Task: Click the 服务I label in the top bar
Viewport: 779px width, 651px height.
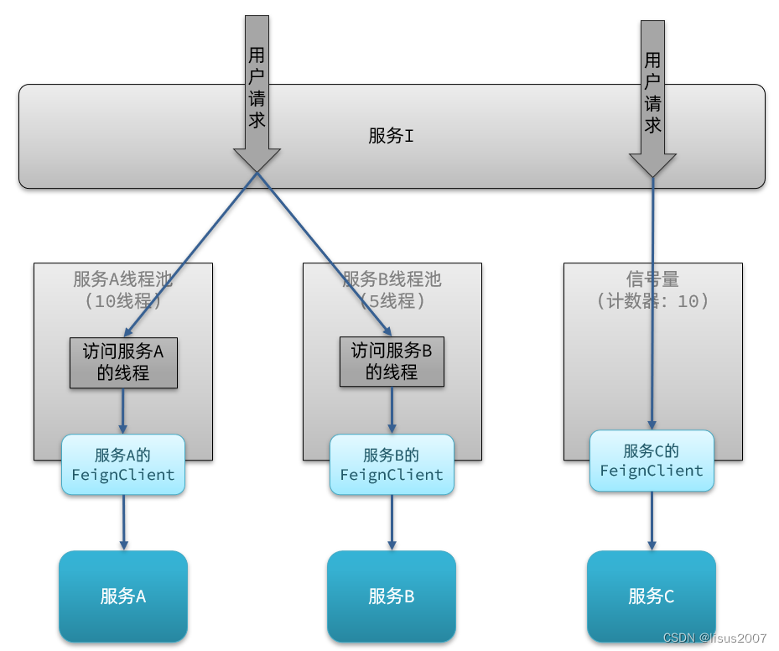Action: [x=391, y=136]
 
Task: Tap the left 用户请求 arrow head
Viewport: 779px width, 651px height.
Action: [x=257, y=159]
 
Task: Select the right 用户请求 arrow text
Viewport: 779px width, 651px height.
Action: [x=652, y=92]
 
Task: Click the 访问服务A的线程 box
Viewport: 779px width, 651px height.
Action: [x=123, y=362]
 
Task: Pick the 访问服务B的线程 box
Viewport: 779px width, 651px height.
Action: [x=392, y=362]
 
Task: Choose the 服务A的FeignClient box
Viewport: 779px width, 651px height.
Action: [x=123, y=465]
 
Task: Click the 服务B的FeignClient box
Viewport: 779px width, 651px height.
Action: [x=392, y=465]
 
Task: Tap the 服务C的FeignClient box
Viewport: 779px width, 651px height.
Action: [x=652, y=461]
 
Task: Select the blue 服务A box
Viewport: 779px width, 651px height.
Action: [x=123, y=596]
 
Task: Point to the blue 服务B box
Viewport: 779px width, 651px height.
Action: [x=392, y=596]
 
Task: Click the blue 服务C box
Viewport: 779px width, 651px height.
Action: [x=652, y=596]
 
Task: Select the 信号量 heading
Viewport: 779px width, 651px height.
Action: [x=652, y=279]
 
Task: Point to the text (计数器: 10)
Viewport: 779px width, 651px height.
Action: [x=652, y=300]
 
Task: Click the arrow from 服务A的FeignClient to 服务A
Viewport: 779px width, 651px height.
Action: [x=123, y=522]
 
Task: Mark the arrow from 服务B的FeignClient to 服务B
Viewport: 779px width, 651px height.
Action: [x=392, y=522]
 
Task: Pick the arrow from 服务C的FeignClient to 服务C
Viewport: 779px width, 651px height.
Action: [x=652, y=520]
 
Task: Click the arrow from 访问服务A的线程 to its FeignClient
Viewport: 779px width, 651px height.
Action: [x=123, y=411]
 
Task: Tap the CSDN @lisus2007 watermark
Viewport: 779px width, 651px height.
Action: [x=714, y=638]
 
